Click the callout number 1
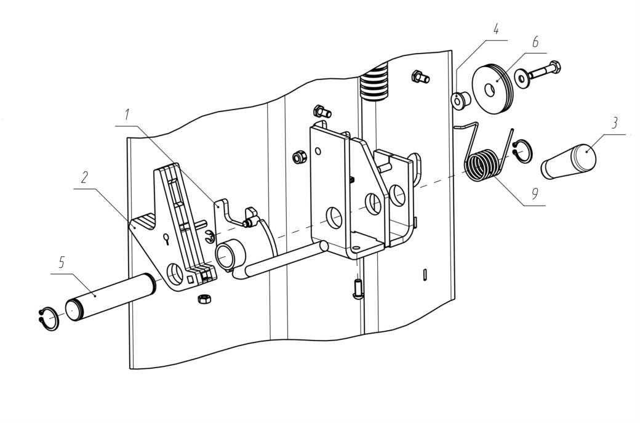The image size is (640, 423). point(127,115)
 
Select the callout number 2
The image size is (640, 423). point(84,177)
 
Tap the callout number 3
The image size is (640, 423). point(615,123)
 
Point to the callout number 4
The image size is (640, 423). point(496,30)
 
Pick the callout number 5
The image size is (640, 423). point(61,262)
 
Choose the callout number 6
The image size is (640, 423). point(535,42)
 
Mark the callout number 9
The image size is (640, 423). point(534,194)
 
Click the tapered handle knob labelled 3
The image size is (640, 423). point(569,162)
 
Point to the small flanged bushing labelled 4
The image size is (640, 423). point(460,100)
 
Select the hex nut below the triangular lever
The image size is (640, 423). point(204,299)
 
